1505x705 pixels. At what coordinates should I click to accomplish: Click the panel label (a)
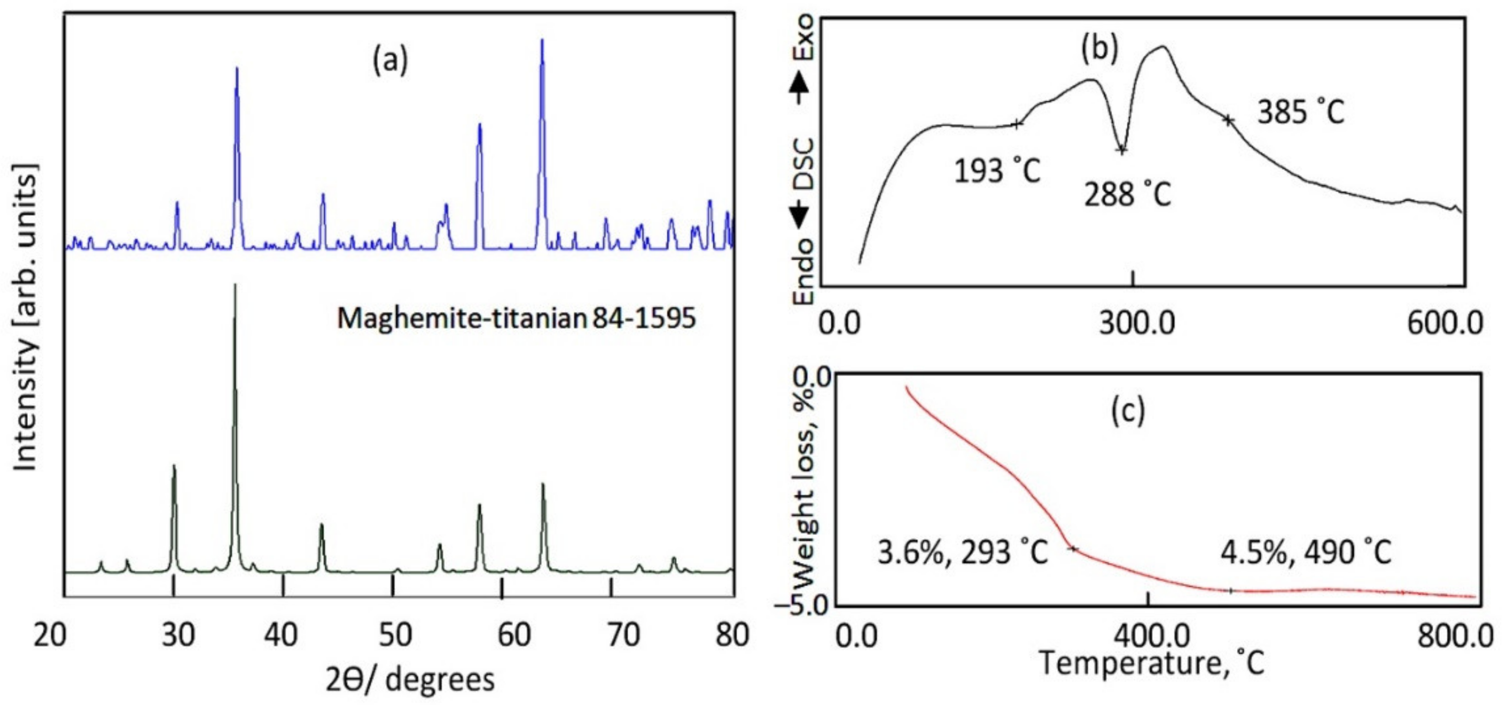390,62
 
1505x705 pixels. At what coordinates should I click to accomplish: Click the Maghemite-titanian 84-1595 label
517,319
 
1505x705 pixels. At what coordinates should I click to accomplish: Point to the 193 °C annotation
997,171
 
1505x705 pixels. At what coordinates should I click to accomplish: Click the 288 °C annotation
1128,195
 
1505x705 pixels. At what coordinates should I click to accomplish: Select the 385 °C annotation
1301,112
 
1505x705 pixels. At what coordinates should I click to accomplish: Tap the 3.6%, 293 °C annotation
962,552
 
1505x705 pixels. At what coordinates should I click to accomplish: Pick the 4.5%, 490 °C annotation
1306,552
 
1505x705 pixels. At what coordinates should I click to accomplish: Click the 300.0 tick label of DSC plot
1136,323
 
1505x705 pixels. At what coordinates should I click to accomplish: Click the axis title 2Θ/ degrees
410,680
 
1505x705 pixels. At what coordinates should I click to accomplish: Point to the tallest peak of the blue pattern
542,41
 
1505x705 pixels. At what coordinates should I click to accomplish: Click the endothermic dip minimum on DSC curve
1121,150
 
